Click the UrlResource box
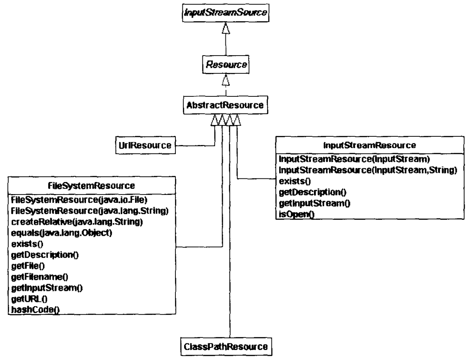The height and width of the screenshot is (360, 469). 143,145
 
